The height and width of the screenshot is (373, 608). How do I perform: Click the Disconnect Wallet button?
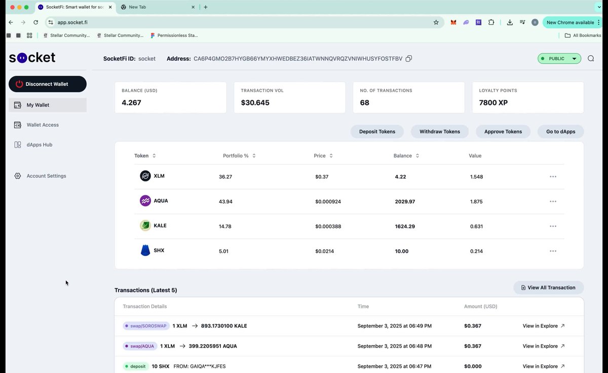point(48,84)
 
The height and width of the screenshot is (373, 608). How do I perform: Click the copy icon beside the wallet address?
point(409,59)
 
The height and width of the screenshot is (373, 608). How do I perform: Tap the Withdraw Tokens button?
point(440,132)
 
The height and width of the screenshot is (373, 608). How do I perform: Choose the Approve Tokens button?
point(503,132)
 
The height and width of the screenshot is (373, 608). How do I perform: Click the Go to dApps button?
point(560,132)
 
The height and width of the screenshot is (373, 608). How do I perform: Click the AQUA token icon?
point(145,201)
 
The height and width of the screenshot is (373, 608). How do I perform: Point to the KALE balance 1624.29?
point(405,227)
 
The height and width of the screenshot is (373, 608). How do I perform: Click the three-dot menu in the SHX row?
point(553,251)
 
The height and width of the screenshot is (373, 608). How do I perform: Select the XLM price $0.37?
point(322,177)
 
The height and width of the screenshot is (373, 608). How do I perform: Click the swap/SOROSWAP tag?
point(146,326)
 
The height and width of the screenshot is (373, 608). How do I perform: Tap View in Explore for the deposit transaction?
point(543,366)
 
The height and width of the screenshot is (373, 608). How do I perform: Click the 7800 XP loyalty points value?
point(493,102)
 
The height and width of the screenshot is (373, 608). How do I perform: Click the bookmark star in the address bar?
point(436,22)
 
